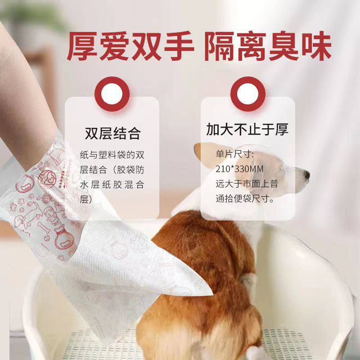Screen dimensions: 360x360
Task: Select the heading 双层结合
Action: point(112,133)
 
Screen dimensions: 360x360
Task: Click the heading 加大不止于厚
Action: point(247,129)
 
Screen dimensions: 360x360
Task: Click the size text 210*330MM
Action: point(239,169)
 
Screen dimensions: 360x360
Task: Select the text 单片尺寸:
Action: point(234,154)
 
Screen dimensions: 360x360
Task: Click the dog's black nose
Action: point(306,175)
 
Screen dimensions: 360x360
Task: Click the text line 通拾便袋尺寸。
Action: point(245,199)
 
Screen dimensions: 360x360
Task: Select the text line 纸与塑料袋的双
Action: point(112,155)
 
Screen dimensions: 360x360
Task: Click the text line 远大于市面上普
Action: point(247,184)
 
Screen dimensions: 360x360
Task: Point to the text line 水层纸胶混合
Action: point(112,184)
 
